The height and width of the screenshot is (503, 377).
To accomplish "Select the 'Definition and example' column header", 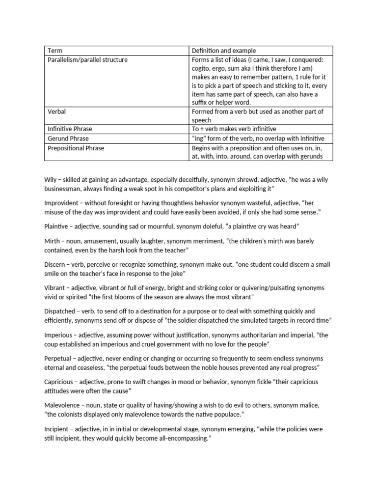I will click(224, 51).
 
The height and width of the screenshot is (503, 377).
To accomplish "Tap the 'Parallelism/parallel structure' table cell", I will click(87, 60).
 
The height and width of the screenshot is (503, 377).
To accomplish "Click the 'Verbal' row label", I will click(56, 112).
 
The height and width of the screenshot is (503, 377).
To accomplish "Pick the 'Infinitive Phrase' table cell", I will click(70, 129).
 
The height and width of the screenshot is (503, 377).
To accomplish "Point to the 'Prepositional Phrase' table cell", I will click(76, 147).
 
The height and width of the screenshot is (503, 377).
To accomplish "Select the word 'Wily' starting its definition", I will click(51, 180).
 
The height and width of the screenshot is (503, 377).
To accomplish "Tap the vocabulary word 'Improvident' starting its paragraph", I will click(61, 202).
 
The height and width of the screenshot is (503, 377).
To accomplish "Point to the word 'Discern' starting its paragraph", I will click(55, 264).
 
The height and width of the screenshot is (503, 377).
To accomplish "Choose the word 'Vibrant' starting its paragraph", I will click(55, 287).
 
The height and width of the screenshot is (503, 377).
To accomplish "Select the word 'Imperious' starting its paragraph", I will click(58, 335).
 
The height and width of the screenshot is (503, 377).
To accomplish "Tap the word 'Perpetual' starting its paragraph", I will click(58, 358).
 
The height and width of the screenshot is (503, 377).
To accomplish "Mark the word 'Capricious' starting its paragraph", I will click(59, 382).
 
